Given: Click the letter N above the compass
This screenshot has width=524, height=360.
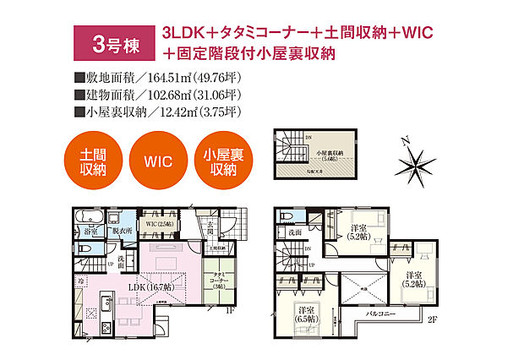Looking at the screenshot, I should point(405,140).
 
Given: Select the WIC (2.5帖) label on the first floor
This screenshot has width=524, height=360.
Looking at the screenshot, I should point(158,222).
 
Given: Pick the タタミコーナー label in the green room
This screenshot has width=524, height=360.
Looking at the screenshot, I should point(220,279).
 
